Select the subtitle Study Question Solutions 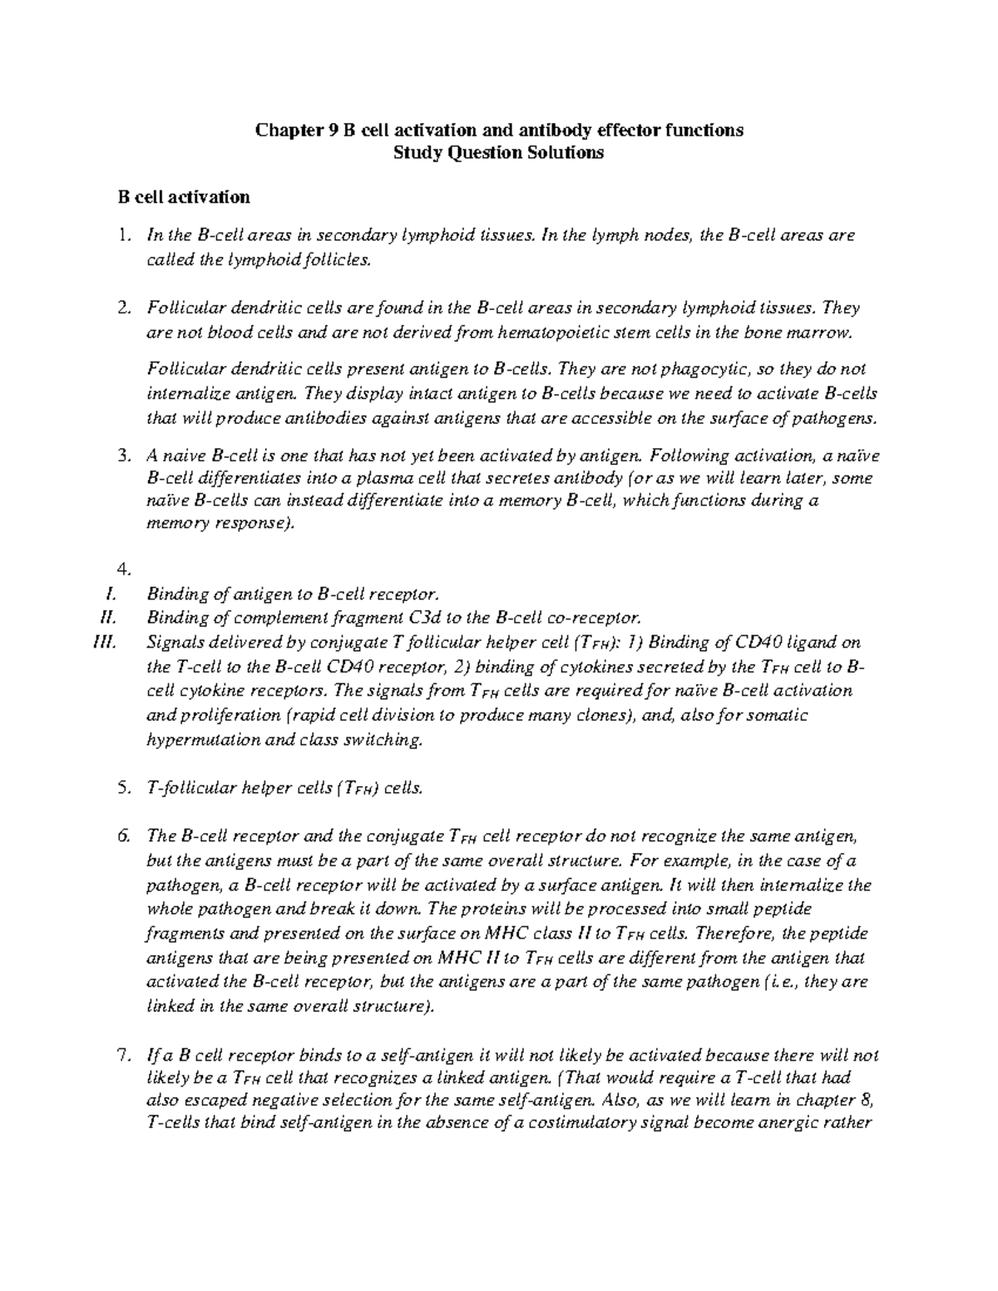(499, 153)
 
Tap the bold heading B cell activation (184, 198)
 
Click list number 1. (124, 236)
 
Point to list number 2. (124, 308)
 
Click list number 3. (124, 456)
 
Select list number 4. (124, 569)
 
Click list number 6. (124, 836)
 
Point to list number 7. (124, 1057)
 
